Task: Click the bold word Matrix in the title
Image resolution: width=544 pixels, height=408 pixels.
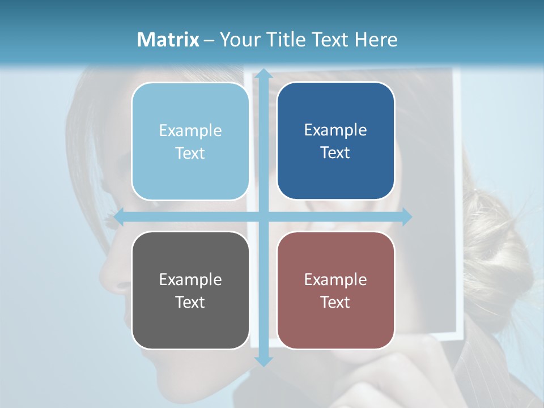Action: pos(168,40)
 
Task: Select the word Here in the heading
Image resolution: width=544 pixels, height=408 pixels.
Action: pos(376,40)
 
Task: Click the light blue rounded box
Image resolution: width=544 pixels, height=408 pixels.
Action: pos(190,142)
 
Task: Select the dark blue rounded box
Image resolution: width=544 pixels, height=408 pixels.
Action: pos(335,141)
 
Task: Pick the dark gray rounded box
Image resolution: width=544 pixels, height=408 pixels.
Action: pos(190,290)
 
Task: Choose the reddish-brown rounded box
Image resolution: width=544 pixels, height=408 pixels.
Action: pos(335,290)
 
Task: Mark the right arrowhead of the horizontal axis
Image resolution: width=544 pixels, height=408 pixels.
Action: pos(406,217)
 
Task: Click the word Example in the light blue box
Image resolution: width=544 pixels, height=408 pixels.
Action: pos(190,131)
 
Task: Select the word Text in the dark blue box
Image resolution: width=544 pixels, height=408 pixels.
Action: pos(335,153)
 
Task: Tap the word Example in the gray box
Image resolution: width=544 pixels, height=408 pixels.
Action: pos(190,279)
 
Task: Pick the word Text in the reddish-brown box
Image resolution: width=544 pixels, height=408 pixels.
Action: pos(335,302)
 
